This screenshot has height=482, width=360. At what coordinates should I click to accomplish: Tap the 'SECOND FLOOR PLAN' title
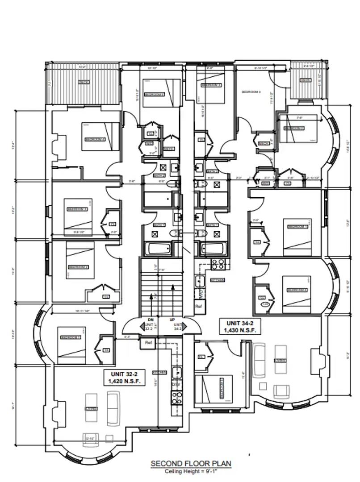coord(191,464)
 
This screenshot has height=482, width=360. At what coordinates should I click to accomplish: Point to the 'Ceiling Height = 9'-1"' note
coord(191,471)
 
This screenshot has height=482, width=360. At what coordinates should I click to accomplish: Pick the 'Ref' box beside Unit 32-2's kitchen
coord(148,343)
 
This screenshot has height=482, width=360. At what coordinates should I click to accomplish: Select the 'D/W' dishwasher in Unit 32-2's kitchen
coord(176,383)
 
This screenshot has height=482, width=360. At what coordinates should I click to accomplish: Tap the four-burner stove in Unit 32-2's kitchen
coord(176,397)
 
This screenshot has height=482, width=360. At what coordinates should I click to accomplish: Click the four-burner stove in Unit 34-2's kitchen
coord(218,264)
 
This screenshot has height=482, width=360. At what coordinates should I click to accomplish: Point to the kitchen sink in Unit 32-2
coord(176,371)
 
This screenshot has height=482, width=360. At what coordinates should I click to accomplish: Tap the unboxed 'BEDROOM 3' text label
coord(251,92)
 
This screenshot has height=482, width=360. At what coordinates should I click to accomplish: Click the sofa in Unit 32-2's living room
coord(113,407)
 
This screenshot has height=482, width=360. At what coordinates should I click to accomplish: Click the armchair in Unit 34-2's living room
coord(280,391)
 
